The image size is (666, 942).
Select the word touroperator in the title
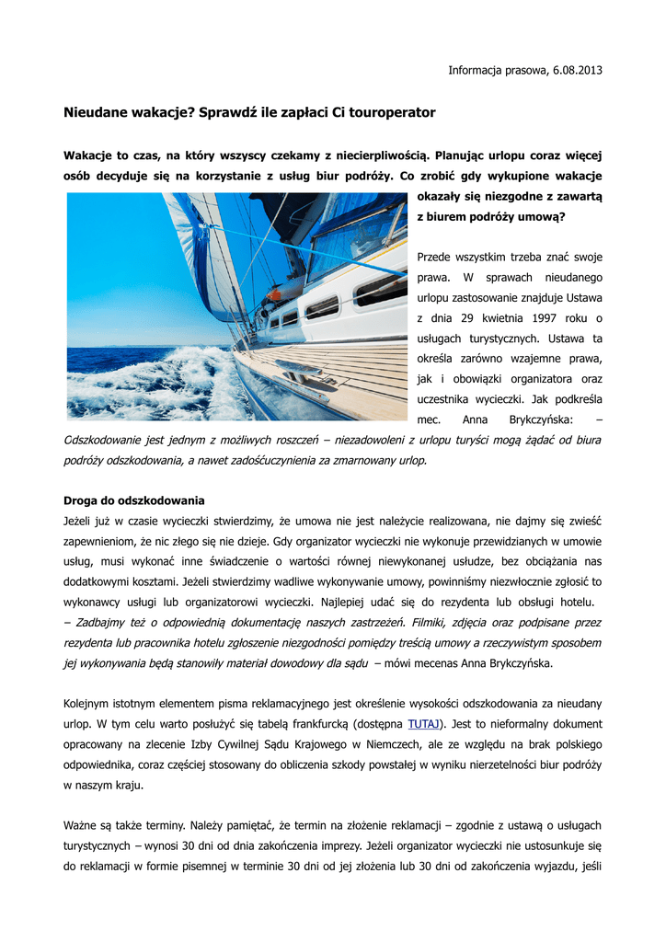[386, 112]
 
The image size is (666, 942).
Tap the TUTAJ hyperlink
[424, 724]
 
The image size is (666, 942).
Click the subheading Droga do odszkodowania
[133, 500]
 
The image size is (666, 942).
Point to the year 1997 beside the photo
[541, 318]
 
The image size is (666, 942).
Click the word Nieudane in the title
[98, 112]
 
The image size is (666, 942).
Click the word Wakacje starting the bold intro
[90, 155]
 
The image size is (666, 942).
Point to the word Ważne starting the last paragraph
[81, 825]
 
